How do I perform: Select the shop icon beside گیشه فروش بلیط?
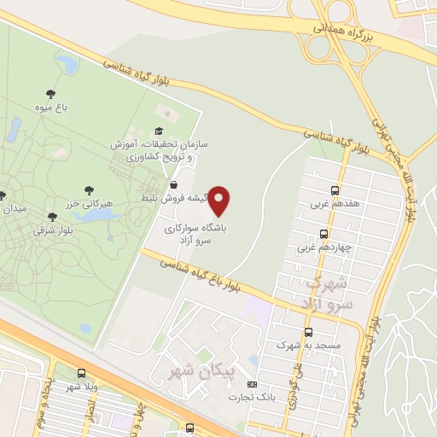pos(174,184)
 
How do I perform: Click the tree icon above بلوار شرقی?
pos(53,217)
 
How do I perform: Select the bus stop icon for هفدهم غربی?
pos(335,190)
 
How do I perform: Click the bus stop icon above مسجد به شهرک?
pos(308,332)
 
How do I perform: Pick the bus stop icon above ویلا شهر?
pos(82,373)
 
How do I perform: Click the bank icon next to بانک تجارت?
pos(251,385)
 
